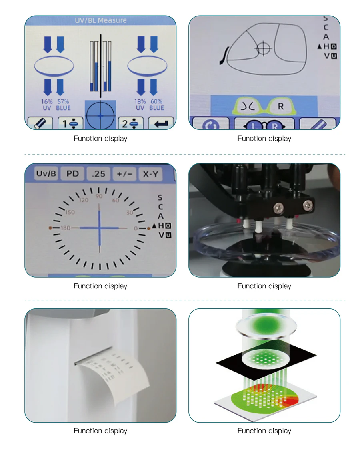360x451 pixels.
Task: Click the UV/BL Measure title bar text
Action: (101, 20)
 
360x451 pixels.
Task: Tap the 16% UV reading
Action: (47, 105)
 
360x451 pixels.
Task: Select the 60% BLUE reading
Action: (156, 105)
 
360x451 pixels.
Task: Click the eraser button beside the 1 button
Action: (40, 123)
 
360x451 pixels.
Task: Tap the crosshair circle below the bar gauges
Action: (100, 115)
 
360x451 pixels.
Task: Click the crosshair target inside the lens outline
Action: (263, 48)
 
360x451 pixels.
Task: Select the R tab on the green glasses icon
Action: (281, 107)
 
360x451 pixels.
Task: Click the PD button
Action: (73, 174)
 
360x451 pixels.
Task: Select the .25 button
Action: (98, 174)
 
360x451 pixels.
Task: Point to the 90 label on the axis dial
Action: (99, 196)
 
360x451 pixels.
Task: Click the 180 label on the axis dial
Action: (65, 228)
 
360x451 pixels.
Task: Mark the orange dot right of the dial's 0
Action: (148, 228)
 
